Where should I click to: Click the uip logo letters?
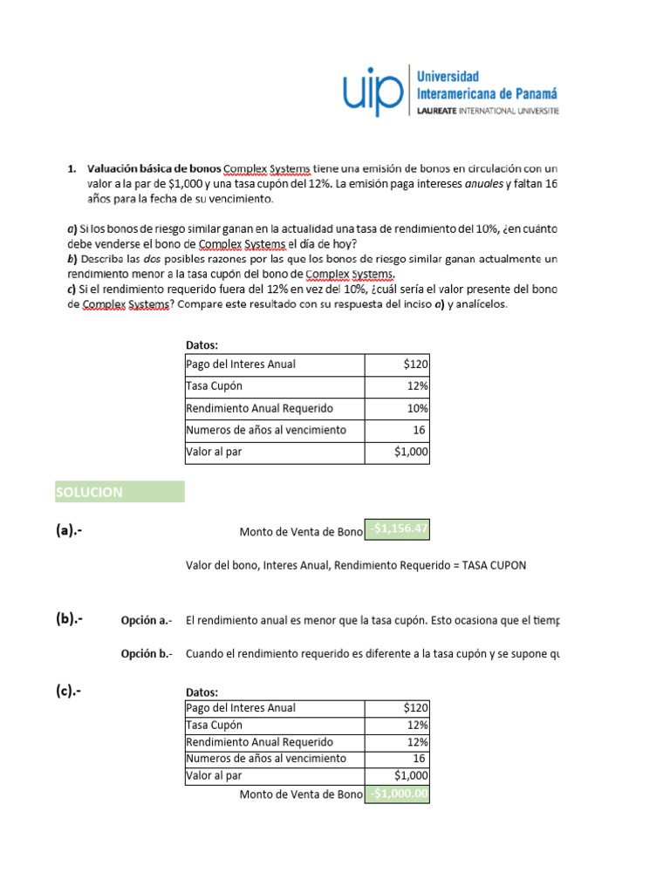click(373, 92)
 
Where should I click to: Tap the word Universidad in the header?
click(448, 78)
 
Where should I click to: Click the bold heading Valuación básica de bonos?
click(154, 167)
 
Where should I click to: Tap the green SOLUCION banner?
click(119, 492)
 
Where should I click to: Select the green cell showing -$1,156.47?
click(398, 530)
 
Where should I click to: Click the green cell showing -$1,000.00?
click(398, 794)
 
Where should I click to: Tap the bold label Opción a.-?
click(146, 621)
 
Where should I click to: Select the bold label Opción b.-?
click(146, 653)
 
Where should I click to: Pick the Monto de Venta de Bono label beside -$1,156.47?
click(300, 532)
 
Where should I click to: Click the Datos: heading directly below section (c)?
click(202, 692)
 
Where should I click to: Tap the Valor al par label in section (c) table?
click(214, 775)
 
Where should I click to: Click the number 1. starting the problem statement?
click(72, 167)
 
